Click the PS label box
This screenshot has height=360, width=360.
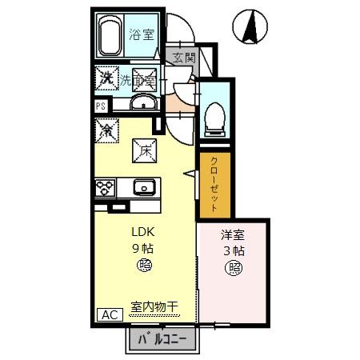coord(102,105)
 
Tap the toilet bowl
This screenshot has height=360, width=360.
coord(214,119)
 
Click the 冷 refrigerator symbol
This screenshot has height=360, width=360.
coord(105,128)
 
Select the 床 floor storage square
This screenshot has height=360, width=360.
coord(142,150)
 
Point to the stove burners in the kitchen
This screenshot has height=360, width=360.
coord(105,188)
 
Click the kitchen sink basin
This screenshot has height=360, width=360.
coord(145,187)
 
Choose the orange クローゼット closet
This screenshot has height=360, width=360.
coord(215,184)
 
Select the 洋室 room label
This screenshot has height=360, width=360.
coord(233,236)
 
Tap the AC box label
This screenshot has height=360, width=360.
coord(109,314)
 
